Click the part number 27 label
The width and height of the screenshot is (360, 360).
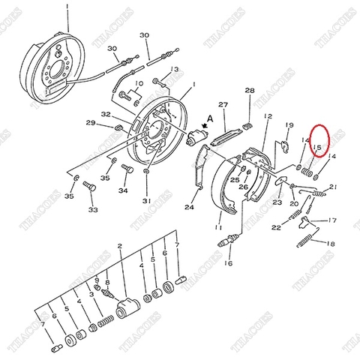[x=222, y=104]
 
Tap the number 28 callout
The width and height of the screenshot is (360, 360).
[x=250, y=91]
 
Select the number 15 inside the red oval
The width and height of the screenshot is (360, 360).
[x=317, y=148]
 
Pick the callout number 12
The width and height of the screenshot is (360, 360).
[x=268, y=117]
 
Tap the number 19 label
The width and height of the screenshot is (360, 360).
[x=289, y=126]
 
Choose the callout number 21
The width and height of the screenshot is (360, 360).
[x=333, y=187]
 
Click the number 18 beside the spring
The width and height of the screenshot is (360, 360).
[x=331, y=244]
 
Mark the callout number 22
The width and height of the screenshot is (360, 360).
[x=277, y=227]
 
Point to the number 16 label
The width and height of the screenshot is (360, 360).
[x=228, y=264]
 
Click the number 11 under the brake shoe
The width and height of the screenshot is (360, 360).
[x=217, y=226]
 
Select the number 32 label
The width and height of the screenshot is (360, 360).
[x=106, y=115]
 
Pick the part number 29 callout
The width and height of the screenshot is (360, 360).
[x=90, y=123]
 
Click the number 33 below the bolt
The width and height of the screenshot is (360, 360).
[x=93, y=210]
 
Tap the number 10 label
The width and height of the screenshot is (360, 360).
[x=139, y=84]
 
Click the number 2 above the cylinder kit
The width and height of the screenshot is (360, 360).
[x=119, y=246]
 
